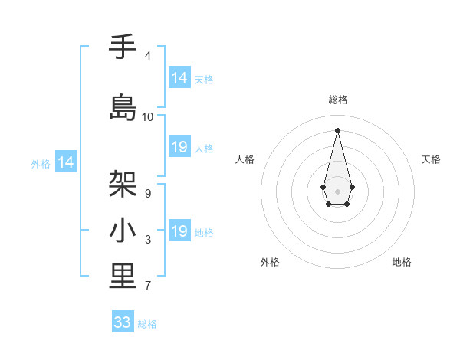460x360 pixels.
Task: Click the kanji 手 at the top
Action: coord(123,47)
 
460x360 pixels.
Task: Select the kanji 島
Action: coord(123,107)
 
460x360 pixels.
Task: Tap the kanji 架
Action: coord(123,184)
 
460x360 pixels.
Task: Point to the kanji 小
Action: coord(123,231)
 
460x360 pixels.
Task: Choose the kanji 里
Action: coord(123,277)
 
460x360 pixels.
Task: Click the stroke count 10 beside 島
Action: coord(148,117)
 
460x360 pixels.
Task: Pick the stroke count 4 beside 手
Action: coord(148,56)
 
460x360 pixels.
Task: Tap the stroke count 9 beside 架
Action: coord(148,194)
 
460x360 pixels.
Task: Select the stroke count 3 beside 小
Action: coord(148,241)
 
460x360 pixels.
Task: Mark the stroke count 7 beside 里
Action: coord(148,286)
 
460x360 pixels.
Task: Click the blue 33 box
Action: coord(123,322)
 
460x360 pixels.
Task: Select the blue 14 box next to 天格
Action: coord(179,78)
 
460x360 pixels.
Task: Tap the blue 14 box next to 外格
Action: coord(66,162)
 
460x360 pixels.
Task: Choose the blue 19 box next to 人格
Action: coord(179,147)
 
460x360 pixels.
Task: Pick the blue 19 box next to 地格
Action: coord(179,231)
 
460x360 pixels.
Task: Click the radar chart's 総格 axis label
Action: coord(338,100)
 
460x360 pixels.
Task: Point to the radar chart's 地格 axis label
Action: coord(402,262)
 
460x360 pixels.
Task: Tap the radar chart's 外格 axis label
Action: coord(270,262)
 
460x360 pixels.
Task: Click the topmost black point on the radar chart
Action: coord(338,129)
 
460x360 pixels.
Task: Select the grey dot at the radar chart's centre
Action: coord(338,190)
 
